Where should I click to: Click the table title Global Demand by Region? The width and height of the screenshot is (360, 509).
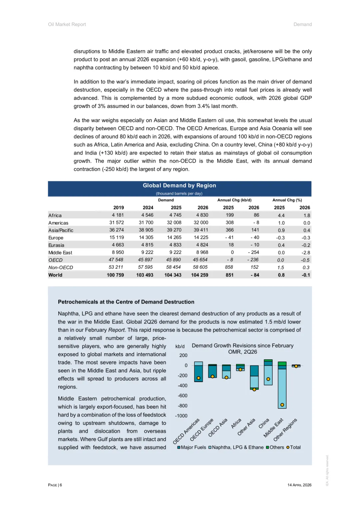179,186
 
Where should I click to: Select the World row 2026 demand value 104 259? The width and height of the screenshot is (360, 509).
199,275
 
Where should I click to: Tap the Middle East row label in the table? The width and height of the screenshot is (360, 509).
60,253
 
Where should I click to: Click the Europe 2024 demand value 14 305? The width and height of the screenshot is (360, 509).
146,238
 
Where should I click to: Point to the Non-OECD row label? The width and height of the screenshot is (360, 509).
61,267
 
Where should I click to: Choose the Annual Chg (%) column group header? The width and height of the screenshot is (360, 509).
287,200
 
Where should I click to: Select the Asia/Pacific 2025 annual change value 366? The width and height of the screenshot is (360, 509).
230,230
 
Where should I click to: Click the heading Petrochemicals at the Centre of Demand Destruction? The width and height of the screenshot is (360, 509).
126,302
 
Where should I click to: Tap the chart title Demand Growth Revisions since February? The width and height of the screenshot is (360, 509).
243,346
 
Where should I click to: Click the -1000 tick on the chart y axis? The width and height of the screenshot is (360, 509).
181,416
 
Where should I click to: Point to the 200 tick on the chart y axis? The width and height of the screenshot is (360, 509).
183,355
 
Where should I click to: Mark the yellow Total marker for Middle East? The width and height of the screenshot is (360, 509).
282,405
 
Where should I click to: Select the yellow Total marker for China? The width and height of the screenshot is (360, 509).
268,379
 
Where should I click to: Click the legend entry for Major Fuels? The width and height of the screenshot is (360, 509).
192,447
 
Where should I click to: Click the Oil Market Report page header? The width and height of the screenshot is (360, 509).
67,24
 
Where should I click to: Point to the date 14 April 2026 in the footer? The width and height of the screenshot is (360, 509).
299,485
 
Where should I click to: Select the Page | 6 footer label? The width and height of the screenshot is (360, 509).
55,485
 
